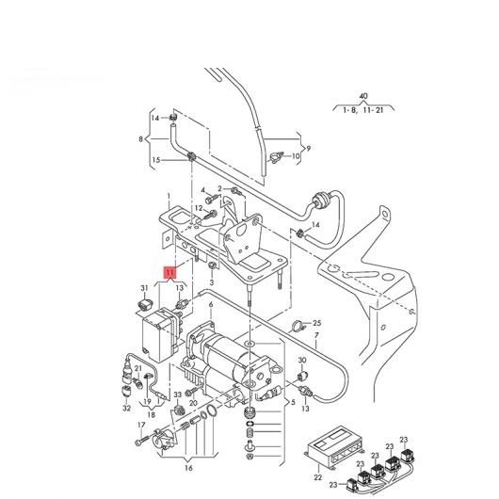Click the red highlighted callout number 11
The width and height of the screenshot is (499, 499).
(x=169, y=272)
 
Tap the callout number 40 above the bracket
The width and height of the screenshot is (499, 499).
(x=363, y=96)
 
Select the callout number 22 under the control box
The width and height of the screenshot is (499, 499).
(x=318, y=477)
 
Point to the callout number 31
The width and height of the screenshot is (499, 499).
(x=144, y=288)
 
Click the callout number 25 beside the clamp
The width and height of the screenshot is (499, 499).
(x=317, y=323)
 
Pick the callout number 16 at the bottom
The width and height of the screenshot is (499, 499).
(x=188, y=468)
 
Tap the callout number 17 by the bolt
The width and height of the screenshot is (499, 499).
(x=141, y=425)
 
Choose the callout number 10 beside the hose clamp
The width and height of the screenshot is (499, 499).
(x=296, y=156)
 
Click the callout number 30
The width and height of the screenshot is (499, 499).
(x=302, y=360)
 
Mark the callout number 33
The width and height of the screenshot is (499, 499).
(x=178, y=394)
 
